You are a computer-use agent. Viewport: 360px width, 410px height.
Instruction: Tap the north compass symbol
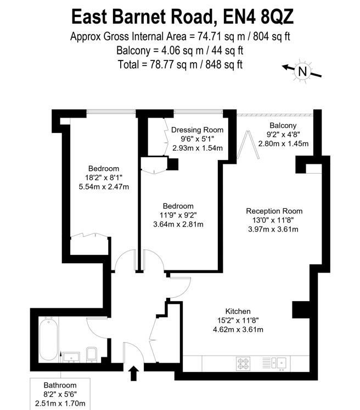pos(302,71)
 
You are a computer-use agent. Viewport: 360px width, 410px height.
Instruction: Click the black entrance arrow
pos(132,374)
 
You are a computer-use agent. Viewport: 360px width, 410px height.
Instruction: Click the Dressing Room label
pos(198,130)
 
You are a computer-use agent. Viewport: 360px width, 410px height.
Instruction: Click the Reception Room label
pos(274,211)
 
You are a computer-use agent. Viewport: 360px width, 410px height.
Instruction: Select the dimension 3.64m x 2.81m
pos(177,224)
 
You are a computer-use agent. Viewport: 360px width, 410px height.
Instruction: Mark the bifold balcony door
pos(250,144)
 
